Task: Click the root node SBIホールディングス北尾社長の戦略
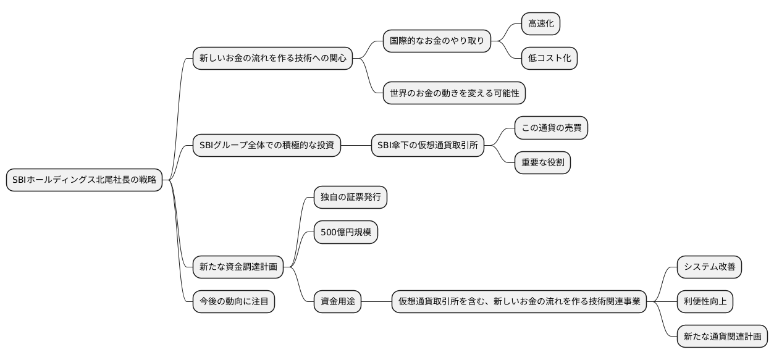tap(84, 180)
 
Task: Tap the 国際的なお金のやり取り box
tap(437, 41)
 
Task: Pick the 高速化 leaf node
tap(541, 24)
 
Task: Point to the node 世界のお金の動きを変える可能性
tap(454, 93)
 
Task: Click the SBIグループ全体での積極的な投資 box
tap(266, 146)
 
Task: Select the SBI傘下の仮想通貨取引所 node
tap(427, 146)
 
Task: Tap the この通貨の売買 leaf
tap(551, 128)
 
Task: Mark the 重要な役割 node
tap(542, 163)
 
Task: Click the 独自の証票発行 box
tap(350, 198)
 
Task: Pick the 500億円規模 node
tap(345, 232)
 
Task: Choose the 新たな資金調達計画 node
tap(238, 267)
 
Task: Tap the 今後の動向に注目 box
tap(233, 302)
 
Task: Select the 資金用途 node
tap(337, 302)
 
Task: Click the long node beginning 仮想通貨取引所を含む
tap(519, 302)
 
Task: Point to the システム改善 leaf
tap(709, 267)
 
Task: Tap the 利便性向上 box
tap(705, 302)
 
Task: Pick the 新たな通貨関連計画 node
tap(722, 337)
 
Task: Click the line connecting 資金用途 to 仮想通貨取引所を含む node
tap(377, 302)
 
